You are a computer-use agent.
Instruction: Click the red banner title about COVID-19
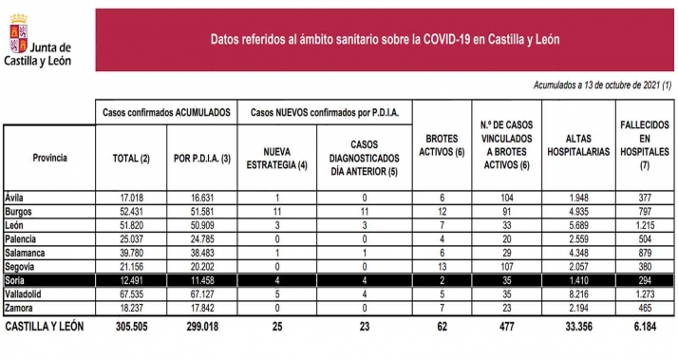coord(385,38)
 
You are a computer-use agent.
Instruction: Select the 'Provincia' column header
coord(49,157)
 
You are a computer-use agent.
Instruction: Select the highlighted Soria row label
coord(17,282)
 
